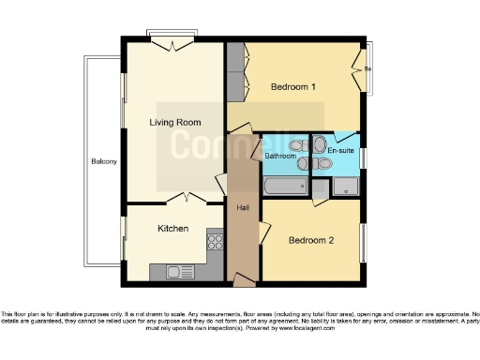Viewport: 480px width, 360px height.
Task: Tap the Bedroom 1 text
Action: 292,87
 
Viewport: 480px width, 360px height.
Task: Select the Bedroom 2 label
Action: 310,240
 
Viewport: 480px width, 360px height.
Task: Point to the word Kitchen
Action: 172,229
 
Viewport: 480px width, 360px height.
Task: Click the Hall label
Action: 243,207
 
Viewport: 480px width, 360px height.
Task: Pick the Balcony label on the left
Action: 103,162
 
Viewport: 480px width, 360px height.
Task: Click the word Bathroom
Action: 279,156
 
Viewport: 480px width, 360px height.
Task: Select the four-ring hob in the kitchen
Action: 215,241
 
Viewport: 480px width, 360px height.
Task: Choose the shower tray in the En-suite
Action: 344,187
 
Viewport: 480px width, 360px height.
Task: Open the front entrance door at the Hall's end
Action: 243,278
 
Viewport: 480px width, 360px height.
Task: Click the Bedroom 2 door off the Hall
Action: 265,228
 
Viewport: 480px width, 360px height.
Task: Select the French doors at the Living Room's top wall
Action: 172,41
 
